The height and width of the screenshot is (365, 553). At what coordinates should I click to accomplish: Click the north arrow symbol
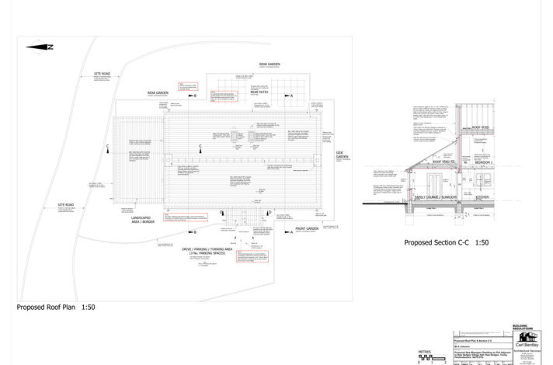pos(40,47)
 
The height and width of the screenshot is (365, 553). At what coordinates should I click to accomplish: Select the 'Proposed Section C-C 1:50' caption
pos(446,243)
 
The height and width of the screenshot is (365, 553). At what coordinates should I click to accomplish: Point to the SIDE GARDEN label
pos(341,156)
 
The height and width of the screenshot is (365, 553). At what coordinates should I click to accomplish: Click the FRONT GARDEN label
pos(307,229)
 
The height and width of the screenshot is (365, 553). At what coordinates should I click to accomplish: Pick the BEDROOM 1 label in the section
pos(484,184)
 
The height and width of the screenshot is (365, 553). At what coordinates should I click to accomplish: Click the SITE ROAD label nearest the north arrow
pos(102,74)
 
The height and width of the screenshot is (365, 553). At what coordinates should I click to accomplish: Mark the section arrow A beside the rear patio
pos(289,95)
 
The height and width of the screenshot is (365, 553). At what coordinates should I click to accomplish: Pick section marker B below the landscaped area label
pos(193,231)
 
